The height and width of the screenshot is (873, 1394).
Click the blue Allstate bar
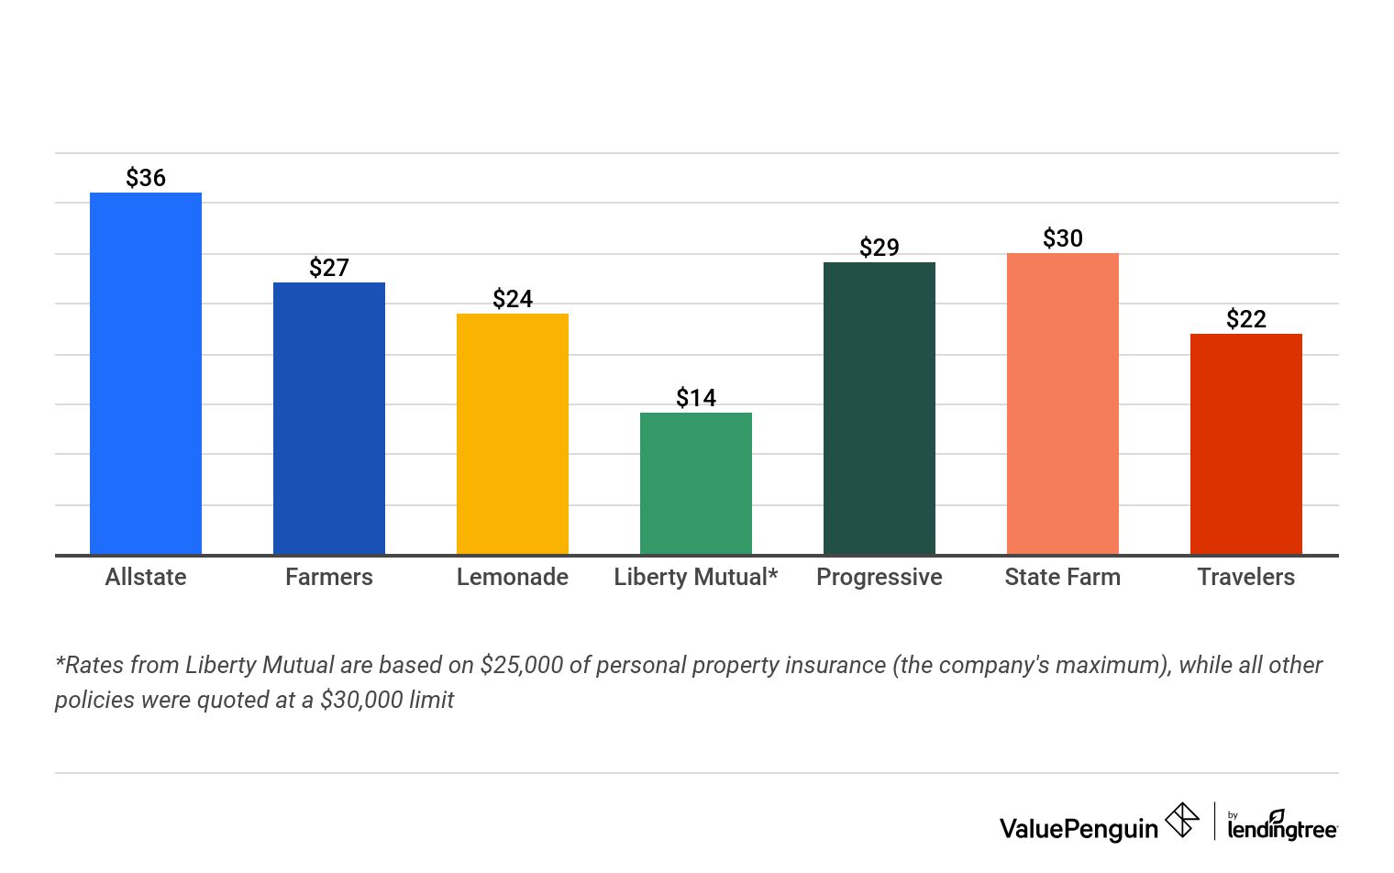tap(146, 373)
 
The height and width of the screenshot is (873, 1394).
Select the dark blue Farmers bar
tap(329, 418)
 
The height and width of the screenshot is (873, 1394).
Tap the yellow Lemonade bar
tap(513, 434)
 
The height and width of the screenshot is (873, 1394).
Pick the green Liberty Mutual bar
tap(696, 483)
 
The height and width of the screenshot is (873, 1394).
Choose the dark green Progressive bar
tap(880, 408)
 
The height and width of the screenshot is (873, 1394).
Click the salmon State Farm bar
tap(1063, 403)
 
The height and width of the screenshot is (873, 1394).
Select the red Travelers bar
tap(1246, 444)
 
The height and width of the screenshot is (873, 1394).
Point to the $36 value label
tap(146, 178)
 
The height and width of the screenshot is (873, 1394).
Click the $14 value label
tap(696, 398)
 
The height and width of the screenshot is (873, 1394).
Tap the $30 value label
tap(1063, 238)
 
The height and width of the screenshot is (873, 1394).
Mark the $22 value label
tap(1246, 319)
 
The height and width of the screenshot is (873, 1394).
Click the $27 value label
tap(329, 268)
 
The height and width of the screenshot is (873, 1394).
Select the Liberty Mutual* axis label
tap(696, 577)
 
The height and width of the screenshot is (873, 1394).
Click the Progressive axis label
tap(880, 577)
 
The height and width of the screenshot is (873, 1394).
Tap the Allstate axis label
tap(146, 577)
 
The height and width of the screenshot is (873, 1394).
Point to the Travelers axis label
tap(1246, 577)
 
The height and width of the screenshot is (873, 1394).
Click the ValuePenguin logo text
tap(1079, 829)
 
